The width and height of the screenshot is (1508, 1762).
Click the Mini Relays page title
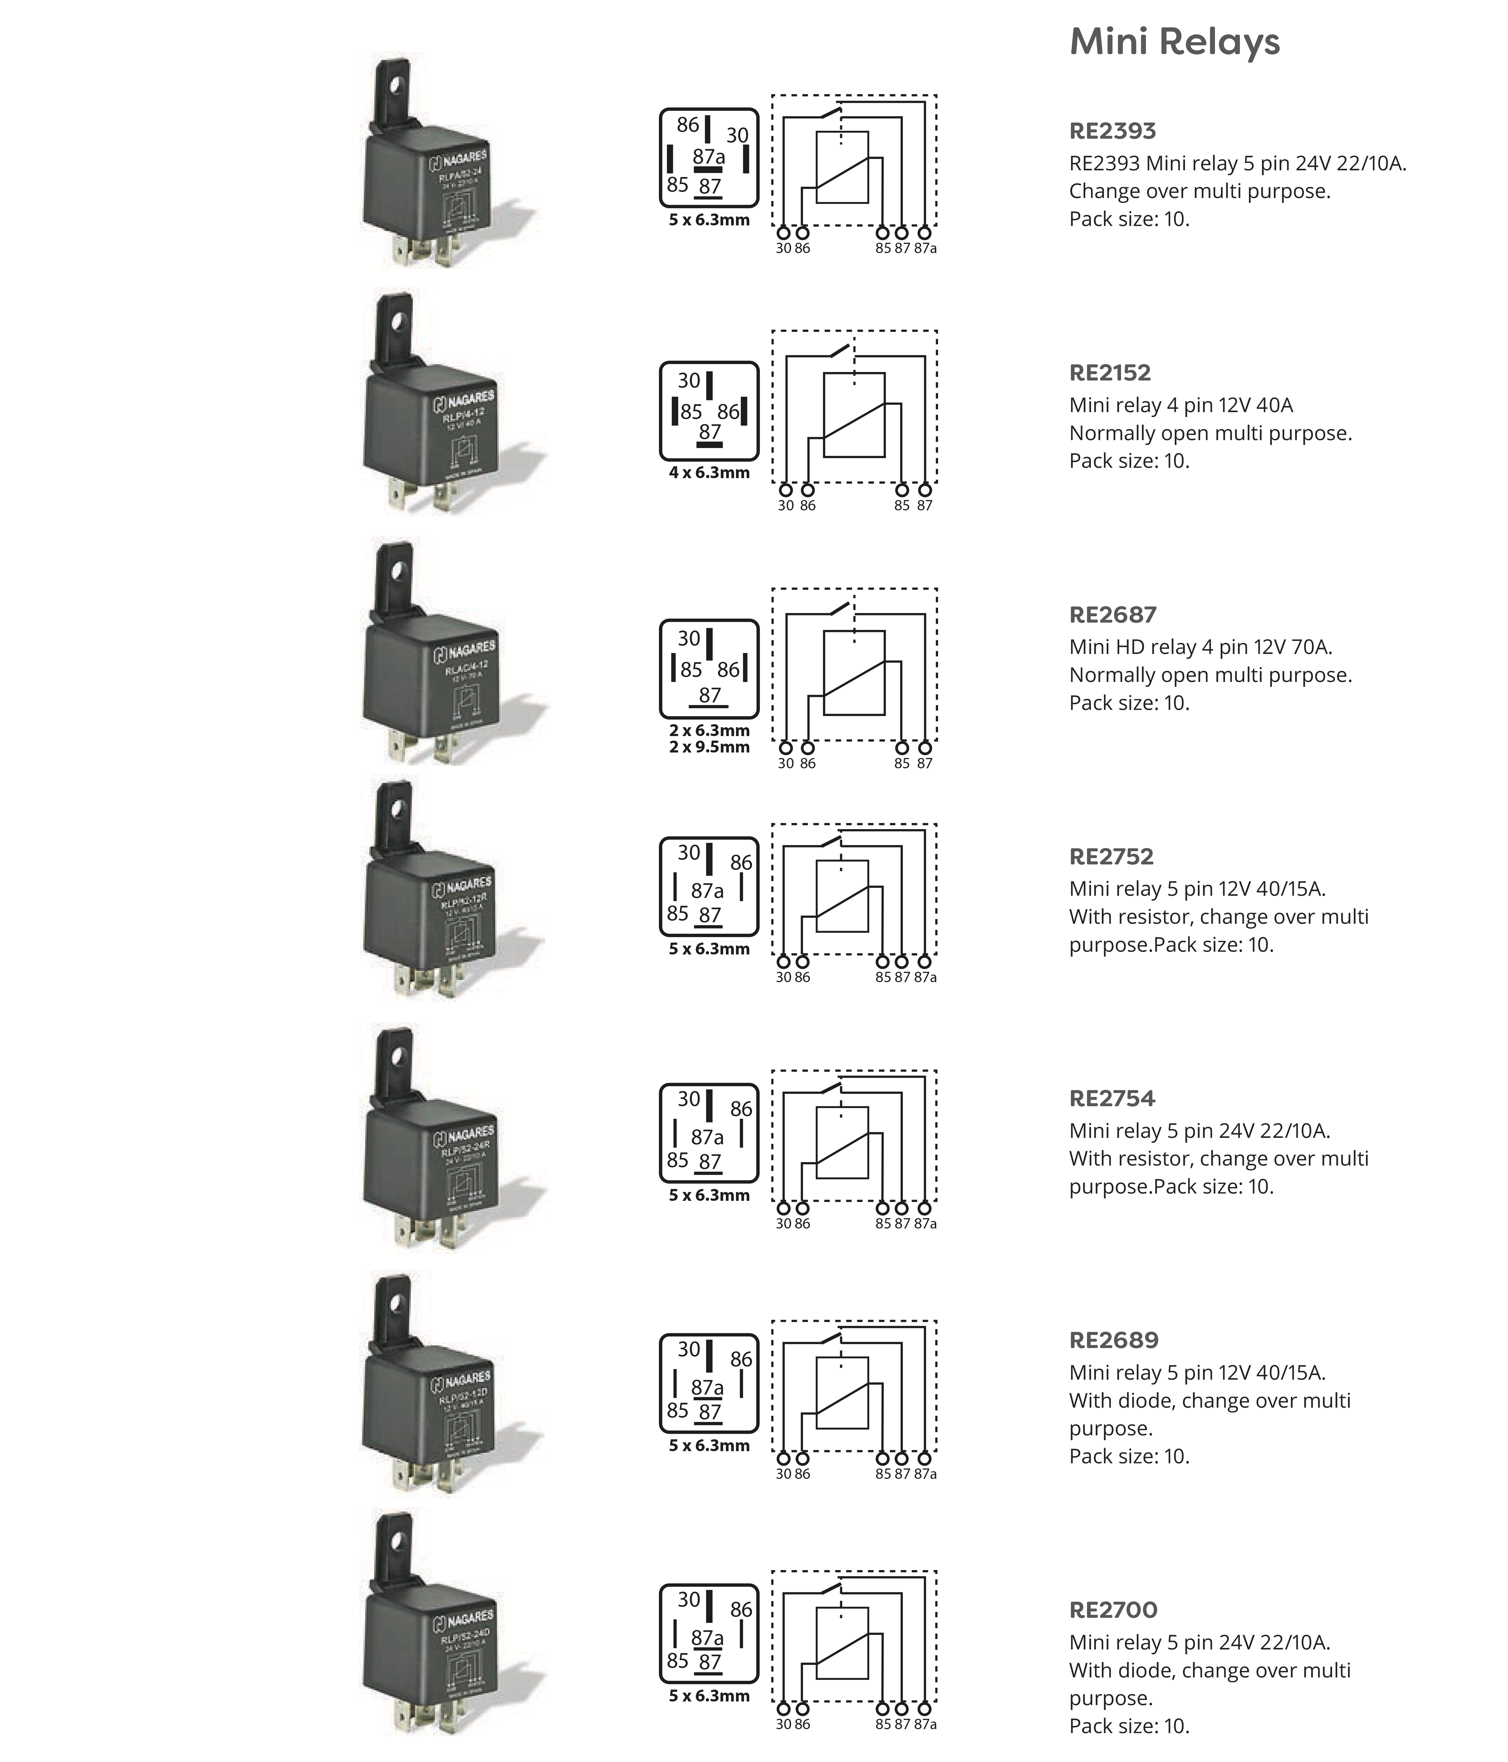(x=1174, y=42)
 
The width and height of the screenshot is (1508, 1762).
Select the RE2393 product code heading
(x=1112, y=131)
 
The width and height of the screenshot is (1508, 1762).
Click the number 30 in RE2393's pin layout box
(x=737, y=135)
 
